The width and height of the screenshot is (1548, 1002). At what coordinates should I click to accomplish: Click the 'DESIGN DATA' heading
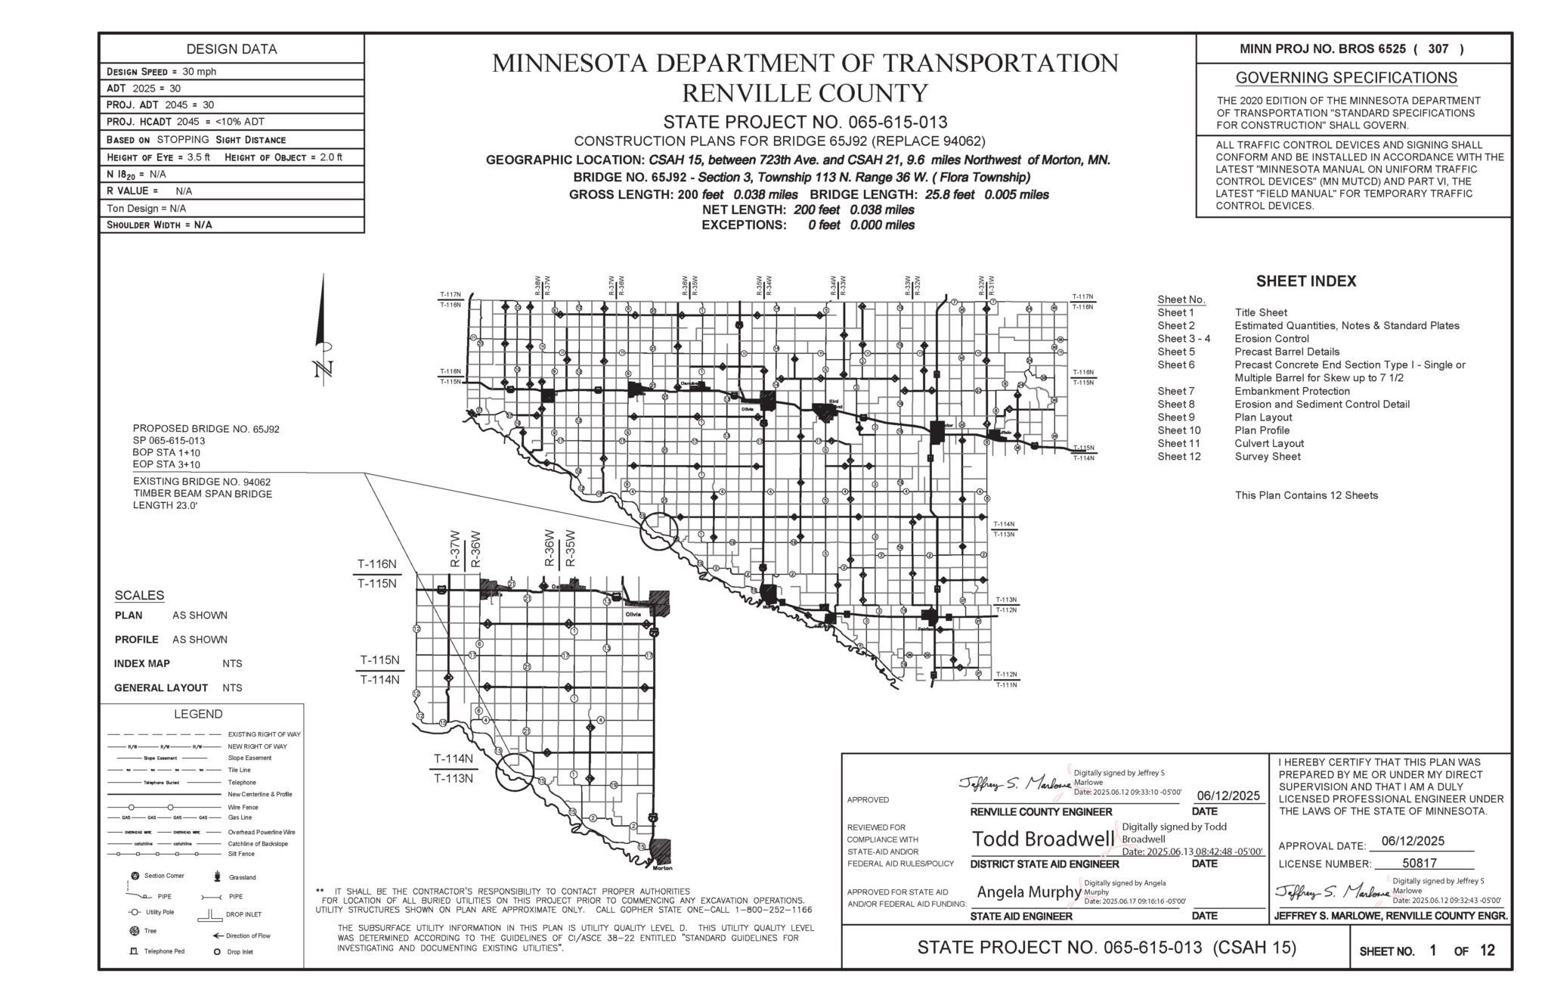pyautogui.click(x=231, y=49)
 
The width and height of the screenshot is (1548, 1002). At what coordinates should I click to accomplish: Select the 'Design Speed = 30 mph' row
pyautogui.click(x=161, y=72)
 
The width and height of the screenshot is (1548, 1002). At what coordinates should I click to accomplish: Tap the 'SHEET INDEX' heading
pyautogui.click(x=1306, y=281)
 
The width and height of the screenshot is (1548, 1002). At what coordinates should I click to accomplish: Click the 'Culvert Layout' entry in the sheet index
pyautogui.click(x=1269, y=443)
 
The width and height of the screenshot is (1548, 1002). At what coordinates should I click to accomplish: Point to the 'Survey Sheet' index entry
pyautogui.click(x=1268, y=456)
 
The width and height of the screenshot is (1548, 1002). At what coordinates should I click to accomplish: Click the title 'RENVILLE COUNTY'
pyautogui.click(x=804, y=93)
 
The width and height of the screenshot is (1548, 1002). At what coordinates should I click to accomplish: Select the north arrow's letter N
pyautogui.click(x=324, y=370)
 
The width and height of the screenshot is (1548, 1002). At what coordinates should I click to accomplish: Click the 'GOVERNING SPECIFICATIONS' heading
pyautogui.click(x=1346, y=78)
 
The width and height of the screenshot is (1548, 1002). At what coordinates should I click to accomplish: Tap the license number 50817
pyautogui.click(x=1419, y=863)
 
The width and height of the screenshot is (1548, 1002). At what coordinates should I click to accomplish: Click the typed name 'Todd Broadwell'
pyautogui.click(x=1042, y=839)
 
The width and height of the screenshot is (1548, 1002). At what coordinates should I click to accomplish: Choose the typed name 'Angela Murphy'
pyautogui.click(x=1029, y=892)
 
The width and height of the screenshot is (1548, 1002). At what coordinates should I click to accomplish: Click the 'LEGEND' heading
pyautogui.click(x=198, y=714)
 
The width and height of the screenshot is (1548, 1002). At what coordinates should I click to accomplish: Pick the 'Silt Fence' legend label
pyautogui.click(x=241, y=854)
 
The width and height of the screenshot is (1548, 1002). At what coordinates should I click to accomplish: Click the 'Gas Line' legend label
pyautogui.click(x=240, y=817)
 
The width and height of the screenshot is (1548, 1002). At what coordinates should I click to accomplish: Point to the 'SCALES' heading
pyautogui.click(x=139, y=595)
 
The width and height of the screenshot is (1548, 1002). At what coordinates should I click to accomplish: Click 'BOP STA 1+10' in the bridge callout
pyautogui.click(x=166, y=452)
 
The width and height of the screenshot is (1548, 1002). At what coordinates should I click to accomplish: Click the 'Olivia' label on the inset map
pyautogui.click(x=633, y=614)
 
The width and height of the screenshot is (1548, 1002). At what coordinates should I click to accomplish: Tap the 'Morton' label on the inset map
pyautogui.click(x=662, y=867)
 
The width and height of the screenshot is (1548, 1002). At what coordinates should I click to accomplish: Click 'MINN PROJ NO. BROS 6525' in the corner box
pyautogui.click(x=1323, y=49)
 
